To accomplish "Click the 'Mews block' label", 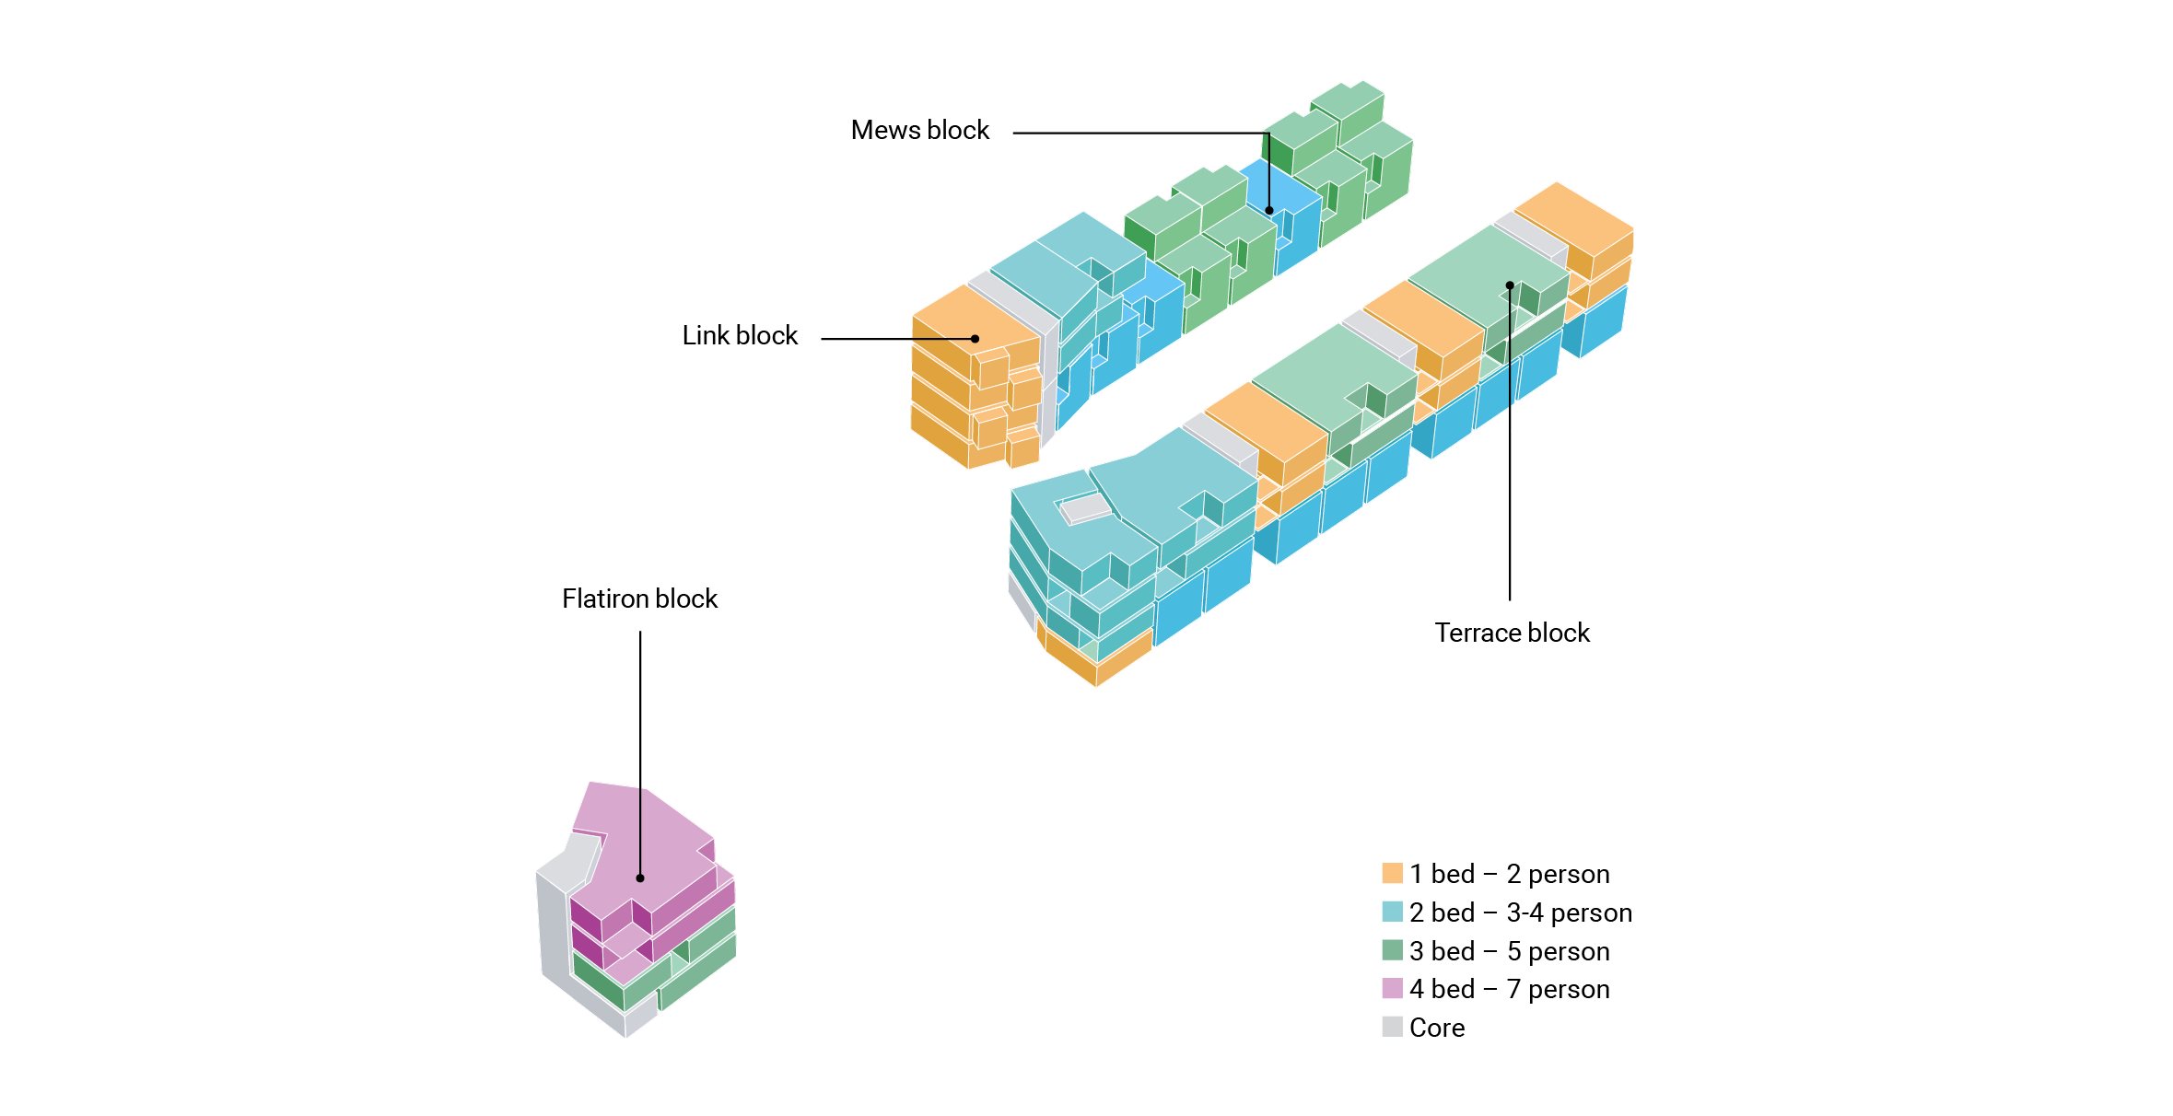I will point(919,131).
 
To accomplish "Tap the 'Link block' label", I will point(740,336).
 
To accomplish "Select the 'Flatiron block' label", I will point(639,599).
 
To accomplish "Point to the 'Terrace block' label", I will point(1512,634).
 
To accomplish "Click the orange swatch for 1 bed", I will point(1392,873).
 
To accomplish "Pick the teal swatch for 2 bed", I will point(1392,912).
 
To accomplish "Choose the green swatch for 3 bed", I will point(1392,950).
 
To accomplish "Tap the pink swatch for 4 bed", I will point(1392,989).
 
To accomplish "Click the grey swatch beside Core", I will point(1392,1027).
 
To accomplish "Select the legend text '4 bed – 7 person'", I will point(1510,989).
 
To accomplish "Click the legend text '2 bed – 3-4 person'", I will point(1521,913).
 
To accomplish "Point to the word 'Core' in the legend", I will point(1437,1028).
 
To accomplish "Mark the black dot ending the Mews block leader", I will point(1269,211).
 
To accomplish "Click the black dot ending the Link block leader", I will point(976,339).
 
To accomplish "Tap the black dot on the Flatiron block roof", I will point(640,878).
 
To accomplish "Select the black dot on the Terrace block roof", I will point(1510,285).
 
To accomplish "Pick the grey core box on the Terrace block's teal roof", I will point(1085,508).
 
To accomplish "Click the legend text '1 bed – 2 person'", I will point(1510,874).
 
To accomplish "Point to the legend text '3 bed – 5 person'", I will point(1510,951).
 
